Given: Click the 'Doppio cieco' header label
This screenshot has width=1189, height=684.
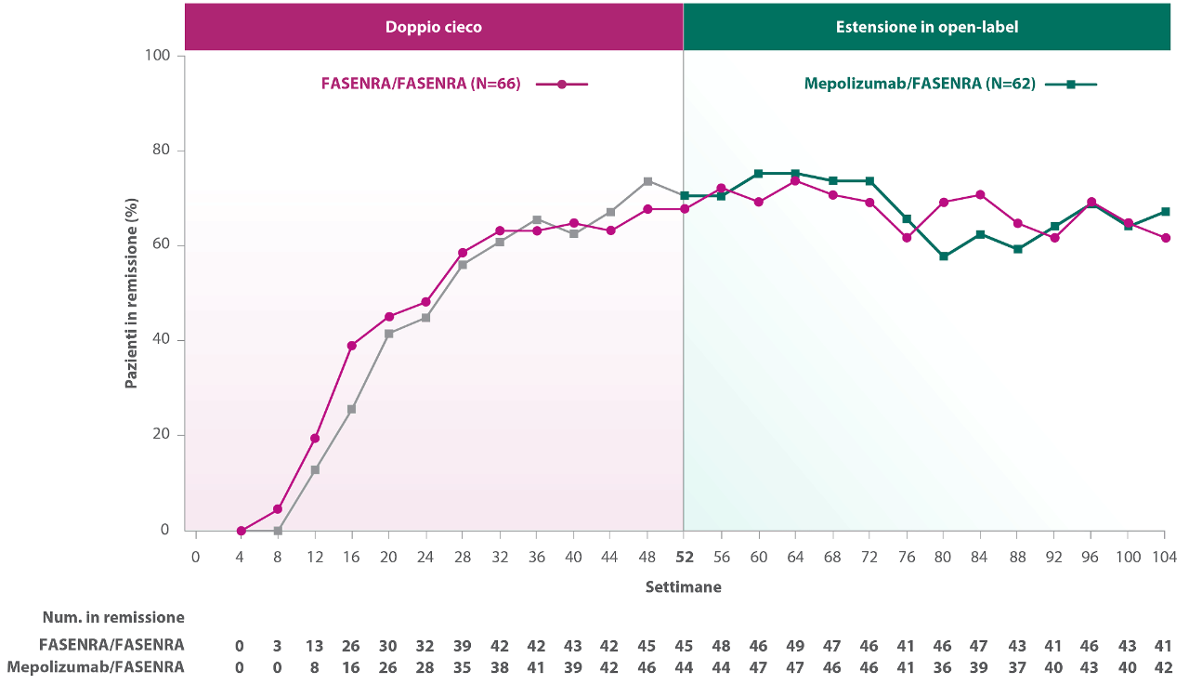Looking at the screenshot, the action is [x=433, y=27].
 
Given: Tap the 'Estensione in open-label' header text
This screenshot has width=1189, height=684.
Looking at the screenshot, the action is [x=927, y=27].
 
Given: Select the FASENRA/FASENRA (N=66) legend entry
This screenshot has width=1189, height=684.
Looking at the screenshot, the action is [x=454, y=84].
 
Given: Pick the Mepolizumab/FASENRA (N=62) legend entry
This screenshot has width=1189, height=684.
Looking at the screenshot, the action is [x=950, y=84].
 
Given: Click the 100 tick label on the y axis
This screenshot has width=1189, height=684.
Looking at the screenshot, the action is [x=157, y=55].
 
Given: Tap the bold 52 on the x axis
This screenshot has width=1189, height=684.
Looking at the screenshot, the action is [x=685, y=557].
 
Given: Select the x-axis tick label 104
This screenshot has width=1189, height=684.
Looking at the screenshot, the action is [x=1164, y=557].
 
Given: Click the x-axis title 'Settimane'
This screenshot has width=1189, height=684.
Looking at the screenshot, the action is [x=683, y=586].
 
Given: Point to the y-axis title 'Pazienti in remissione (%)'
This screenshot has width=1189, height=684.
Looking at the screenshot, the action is [x=131, y=294].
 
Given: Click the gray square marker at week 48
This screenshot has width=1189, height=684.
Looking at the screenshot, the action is [x=647, y=181].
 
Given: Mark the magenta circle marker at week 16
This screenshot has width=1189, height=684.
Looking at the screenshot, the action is [x=351, y=346].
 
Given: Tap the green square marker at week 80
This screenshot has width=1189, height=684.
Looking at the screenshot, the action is [x=944, y=256].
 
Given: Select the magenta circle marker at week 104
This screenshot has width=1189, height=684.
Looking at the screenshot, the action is [x=1165, y=238].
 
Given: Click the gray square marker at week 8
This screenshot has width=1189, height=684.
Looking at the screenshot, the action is [x=278, y=531].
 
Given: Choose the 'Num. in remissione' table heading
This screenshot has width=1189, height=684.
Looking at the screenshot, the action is [x=113, y=617].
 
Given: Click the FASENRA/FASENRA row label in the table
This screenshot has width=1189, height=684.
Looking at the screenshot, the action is [x=111, y=645].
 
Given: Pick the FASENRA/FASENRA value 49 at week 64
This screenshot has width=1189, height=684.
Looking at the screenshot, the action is [x=794, y=646].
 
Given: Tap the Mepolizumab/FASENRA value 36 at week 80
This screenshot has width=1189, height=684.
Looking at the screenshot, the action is [x=942, y=667].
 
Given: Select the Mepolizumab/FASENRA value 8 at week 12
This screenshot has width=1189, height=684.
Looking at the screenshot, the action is [x=315, y=667].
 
